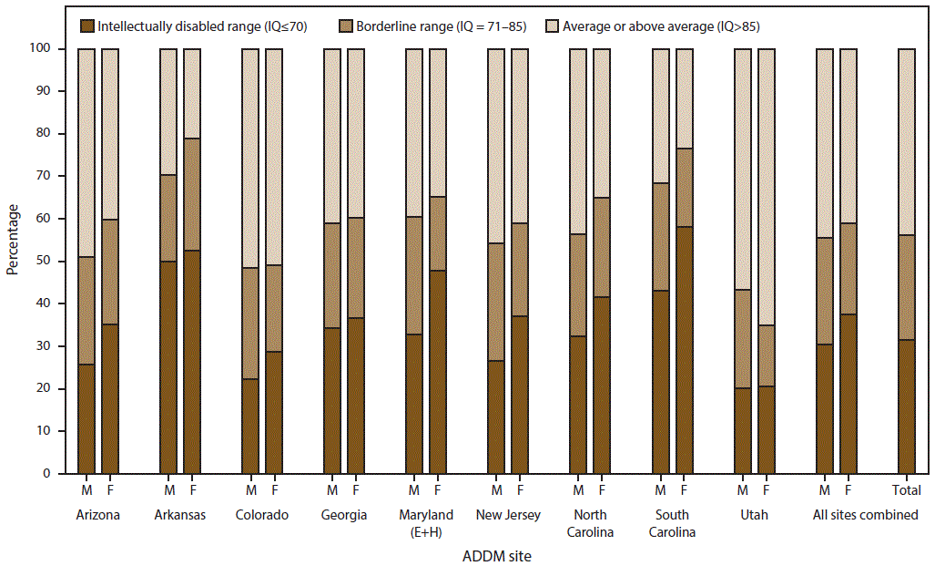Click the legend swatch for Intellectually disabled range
click(89, 26)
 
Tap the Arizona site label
click(97, 515)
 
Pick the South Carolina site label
click(672, 523)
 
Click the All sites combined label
click(865, 515)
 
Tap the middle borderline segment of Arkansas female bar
click(192, 194)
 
